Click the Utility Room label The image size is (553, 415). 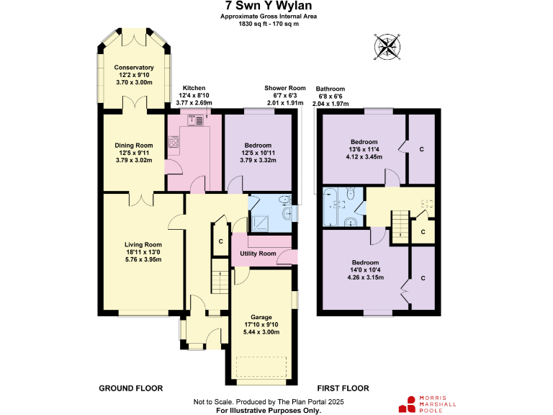pos(258,254)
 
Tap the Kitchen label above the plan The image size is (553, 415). pos(194,87)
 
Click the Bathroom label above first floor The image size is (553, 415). pos(331,89)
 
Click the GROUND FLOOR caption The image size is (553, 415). pos(130,388)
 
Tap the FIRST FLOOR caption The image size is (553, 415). pos(343,388)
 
